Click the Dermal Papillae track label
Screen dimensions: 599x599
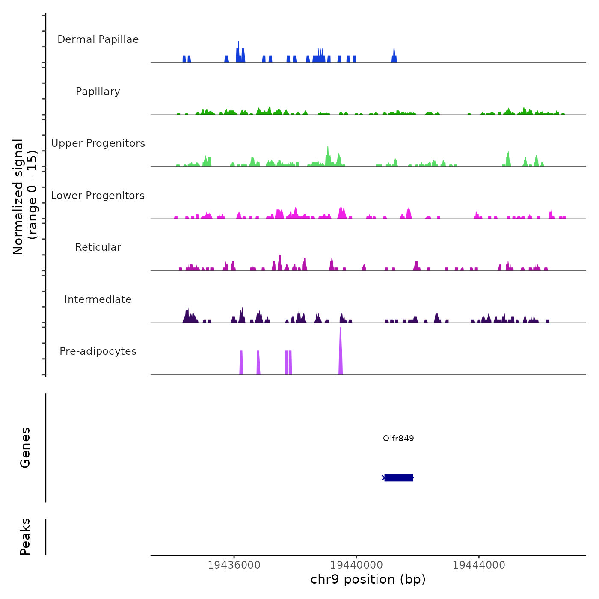pyautogui.click(x=98, y=39)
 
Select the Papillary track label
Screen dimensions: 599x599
pyautogui.click(x=98, y=92)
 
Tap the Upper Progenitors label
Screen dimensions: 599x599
pyautogui.click(x=98, y=143)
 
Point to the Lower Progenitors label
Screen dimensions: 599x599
pyautogui.click(x=98, y=196)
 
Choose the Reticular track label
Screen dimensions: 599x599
pyautogui.click(x=98, y=247)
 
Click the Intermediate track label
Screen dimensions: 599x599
pyautogui.click(x=98, y=299)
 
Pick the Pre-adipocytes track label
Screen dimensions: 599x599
pyautogui.click(x=98, y=351)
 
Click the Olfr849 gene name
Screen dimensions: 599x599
pyautogui.click(x=398, y=438)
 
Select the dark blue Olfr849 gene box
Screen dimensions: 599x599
pyautogui.click(x=399, y=477)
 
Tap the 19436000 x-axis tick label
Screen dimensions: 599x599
pyautogui.click(x=234, y=565)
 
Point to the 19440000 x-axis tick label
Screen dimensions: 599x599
pyautogui.click(x=356, y=565)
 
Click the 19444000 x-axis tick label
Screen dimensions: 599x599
pyautogui.click(x=479, y=565)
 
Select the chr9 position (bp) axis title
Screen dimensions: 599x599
pyautogui.click(x=368, y=579)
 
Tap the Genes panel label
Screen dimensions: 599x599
pyautogui.click(x=25, y=448)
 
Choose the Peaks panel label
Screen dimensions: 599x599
pyautogui.click(x=25, y=537)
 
